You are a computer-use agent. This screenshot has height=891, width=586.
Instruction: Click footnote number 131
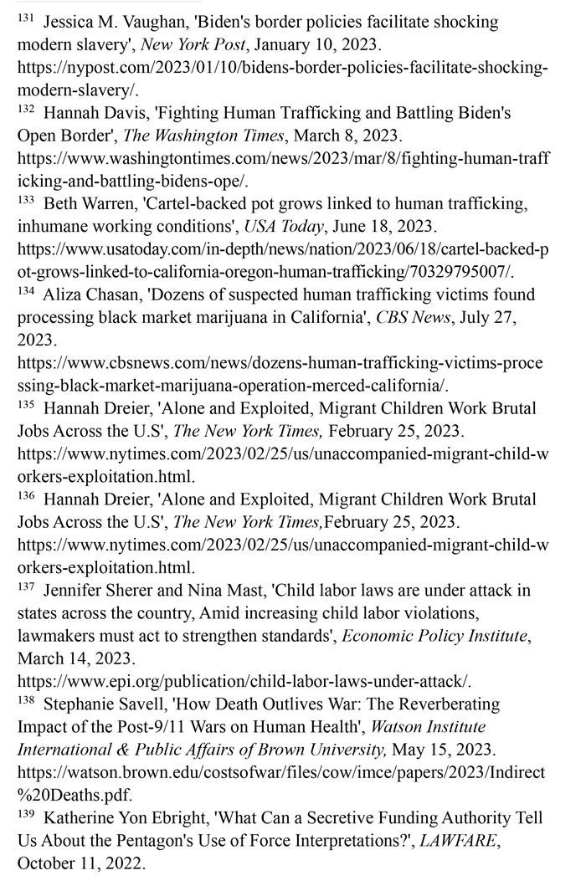[25, 18]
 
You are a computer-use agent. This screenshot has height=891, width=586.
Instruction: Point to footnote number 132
[26, 108]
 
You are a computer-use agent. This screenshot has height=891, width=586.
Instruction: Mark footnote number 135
[26, 404]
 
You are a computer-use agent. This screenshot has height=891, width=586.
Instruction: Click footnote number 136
[26, 495]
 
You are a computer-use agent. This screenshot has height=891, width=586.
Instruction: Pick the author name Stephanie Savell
[113, 704]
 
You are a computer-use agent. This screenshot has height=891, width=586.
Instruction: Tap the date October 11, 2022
[81, 863]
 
